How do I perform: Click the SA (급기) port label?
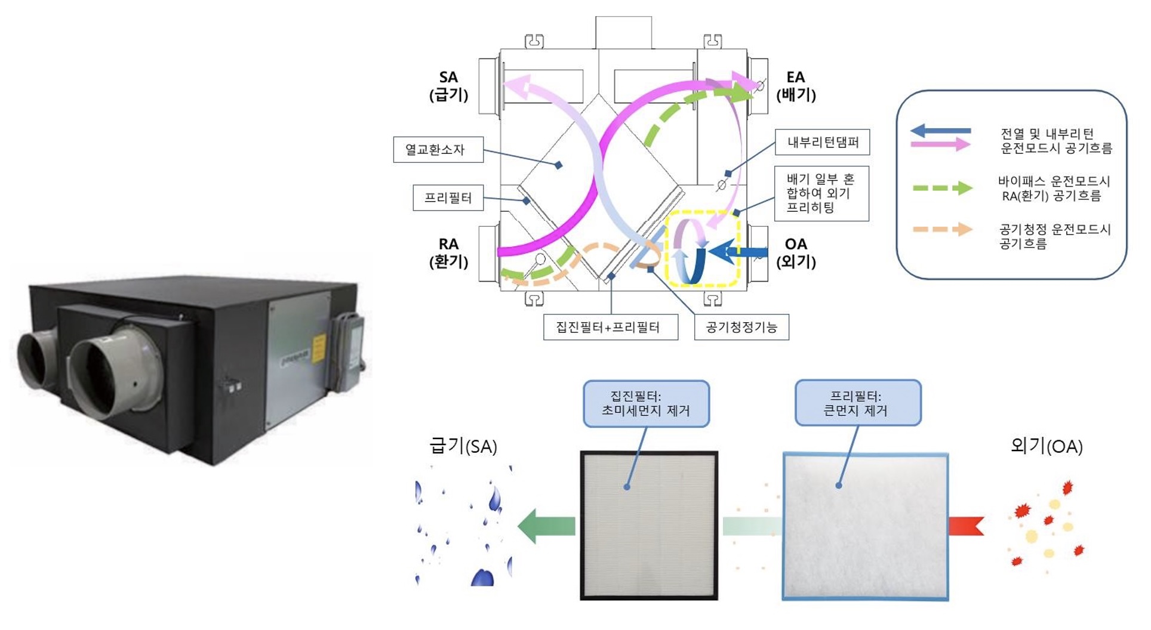click(448, 86)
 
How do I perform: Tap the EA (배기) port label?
click(795, 86)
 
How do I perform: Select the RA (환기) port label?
click(448, 252)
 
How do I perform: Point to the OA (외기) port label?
click(795, 252)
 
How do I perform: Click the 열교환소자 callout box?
click(438, 150)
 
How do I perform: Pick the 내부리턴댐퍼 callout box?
click(822, 142)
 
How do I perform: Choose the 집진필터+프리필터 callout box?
click(610, 327)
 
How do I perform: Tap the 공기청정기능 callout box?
click(741, 327)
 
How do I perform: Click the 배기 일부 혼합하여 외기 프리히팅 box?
click(821, 193)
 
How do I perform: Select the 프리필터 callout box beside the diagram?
click(448, 198)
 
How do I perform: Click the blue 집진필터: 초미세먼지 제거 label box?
click(646, 404)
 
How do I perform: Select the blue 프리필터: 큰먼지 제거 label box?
click(858, 403)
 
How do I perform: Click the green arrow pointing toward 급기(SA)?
click(546, 526)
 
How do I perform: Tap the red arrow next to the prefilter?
click(965, 526)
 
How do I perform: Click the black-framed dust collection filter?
click(649, 525)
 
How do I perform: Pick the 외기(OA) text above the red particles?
click(1046, 446)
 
